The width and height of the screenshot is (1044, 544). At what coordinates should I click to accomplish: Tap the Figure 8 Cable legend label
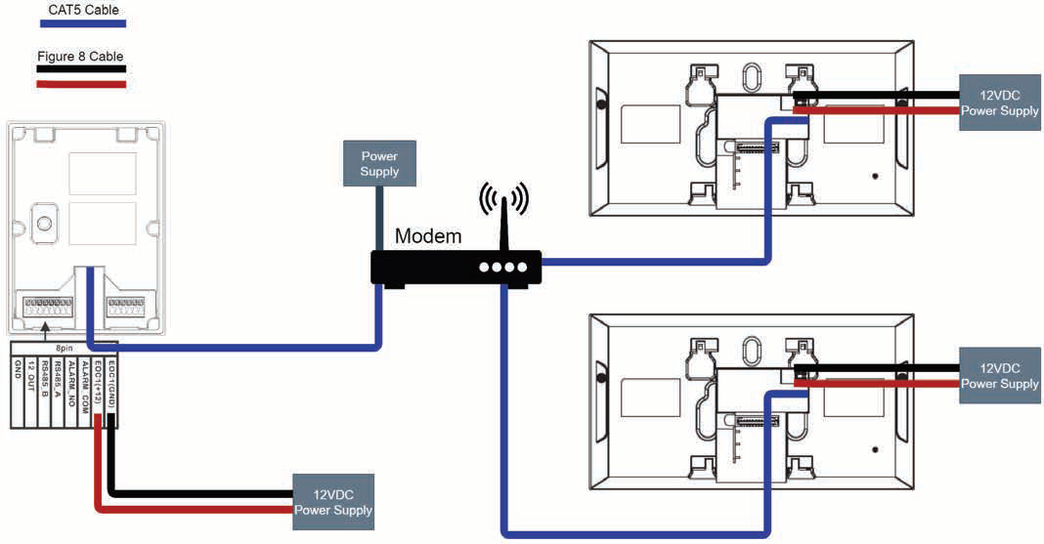click(x=80, y=57)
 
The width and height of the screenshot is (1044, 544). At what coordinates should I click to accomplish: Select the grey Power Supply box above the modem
click(x=379, y=164)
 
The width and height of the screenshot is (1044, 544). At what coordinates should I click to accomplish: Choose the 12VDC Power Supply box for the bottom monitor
click(x=999, y=376)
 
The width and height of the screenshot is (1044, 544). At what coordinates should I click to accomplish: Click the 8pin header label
click(x=65, y=347)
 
